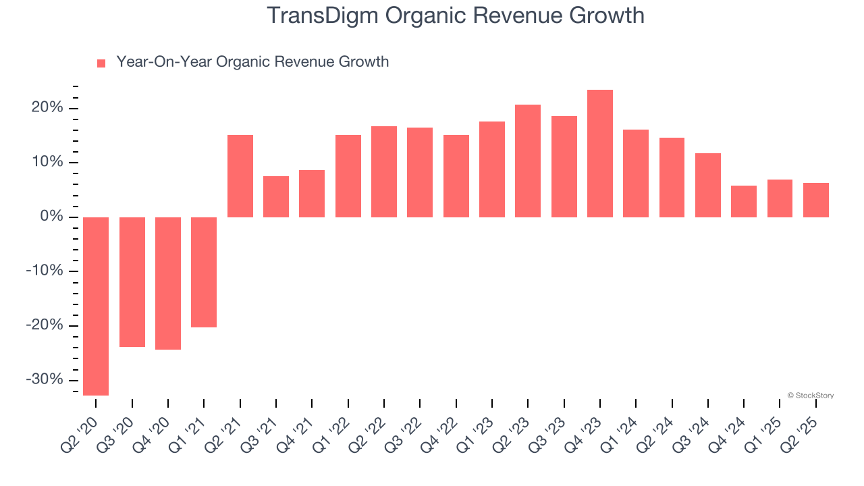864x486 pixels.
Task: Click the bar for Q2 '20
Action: (96, 306)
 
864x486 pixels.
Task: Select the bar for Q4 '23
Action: (600, 153)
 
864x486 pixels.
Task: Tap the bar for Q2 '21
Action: (240, 176)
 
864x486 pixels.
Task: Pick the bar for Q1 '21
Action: (204, 272)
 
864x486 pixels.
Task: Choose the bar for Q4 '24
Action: (744, 201)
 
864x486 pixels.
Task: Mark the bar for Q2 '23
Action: (528, 161)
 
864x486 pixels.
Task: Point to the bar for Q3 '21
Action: (276, 196)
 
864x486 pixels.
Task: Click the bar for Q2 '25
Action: (816, 200)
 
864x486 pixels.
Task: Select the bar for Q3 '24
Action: (708, 185)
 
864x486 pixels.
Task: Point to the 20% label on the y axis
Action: (47, 108)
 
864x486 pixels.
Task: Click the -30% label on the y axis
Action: (45, 379)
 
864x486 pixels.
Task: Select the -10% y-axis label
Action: (45, 271)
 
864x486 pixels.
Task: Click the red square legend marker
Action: (101, 63)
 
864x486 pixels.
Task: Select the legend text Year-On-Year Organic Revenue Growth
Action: (252, 62)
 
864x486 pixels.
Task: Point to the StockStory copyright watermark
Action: (810, 396)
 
